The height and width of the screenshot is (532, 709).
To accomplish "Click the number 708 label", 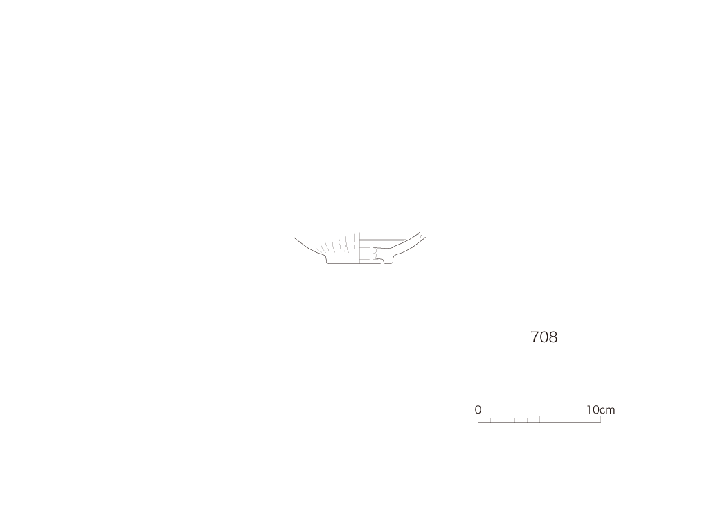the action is click(544, 337).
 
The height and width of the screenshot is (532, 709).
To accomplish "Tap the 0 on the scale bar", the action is click(478, 409).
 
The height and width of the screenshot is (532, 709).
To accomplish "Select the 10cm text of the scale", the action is click(600, 409).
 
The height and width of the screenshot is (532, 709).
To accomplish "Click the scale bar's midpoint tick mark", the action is click(540, 419).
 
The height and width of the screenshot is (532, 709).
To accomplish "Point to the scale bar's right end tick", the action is click(600, 419).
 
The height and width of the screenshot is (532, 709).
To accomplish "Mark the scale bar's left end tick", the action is click(478, 419).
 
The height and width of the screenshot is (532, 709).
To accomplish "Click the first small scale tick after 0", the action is click(491, 420).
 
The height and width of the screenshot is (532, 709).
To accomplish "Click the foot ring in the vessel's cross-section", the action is click(388, 260).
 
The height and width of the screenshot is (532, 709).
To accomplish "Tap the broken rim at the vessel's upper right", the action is click(422, 236).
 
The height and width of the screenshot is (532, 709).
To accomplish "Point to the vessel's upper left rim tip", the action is click(294, 237).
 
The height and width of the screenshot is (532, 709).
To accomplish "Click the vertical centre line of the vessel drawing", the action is click(360, 248).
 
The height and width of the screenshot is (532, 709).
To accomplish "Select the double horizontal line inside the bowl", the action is click(382, 240).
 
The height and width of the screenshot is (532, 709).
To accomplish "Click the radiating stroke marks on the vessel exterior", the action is click(338, 245).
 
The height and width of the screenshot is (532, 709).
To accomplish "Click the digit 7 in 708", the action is click(535, 337).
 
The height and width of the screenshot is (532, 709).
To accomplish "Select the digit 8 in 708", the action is click(553, 337).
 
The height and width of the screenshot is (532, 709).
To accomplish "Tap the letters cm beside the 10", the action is click(608, 410).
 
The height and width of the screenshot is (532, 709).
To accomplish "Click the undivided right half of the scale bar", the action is click(571, 420).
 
